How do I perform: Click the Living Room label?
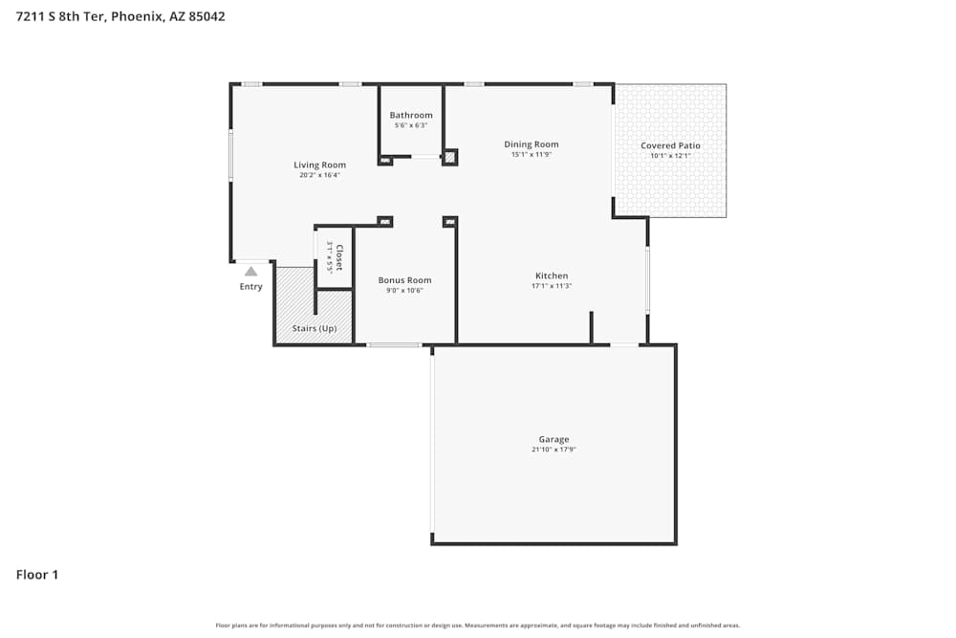tap(319, 165)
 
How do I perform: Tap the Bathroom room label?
tap(410, 115)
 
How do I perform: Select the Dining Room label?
tap(532, 144)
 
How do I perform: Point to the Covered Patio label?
tap(670, 145)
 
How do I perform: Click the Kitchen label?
tap(552, 275)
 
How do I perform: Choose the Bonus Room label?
tap(404, 280)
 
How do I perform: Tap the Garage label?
tap(554, 439)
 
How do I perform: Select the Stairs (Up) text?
tap(315, 328)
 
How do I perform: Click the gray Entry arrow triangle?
tap(250, 272)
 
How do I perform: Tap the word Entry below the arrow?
tap(250, 287)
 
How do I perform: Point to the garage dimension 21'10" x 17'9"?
tap(554, 450)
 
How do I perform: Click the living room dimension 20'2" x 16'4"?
tap(319, 175)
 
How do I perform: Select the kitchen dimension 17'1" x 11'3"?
tap(552, 286)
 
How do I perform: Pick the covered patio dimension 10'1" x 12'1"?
tap(670, 156)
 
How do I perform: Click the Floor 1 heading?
tap(37, 575)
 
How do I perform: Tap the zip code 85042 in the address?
tap(206, 16)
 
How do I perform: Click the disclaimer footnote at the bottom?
tap(478, 626)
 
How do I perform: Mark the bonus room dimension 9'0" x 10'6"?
tap(404, 291)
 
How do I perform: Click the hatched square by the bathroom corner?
tap(450, 158)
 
